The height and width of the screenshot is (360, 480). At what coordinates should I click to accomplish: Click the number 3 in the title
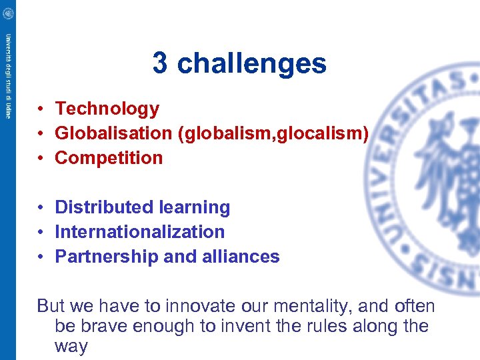point(160,64)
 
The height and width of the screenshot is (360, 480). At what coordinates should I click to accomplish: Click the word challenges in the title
point(252,64)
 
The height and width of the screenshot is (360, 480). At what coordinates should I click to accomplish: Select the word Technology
point(107,109)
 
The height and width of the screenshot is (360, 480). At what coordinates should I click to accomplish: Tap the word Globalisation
point(113,133)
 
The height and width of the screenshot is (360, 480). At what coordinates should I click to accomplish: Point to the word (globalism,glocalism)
point(273,133)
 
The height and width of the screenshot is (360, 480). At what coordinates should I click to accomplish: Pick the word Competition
point(109,158)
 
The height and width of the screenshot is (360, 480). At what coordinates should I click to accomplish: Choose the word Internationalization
point(139,232)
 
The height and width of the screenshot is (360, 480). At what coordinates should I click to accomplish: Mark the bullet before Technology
point(41,109)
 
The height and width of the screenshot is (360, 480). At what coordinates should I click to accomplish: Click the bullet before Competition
point(41,158)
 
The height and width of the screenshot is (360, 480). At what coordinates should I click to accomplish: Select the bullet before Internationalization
point(41,232)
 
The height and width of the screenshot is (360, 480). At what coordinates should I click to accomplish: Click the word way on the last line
point(71,347)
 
